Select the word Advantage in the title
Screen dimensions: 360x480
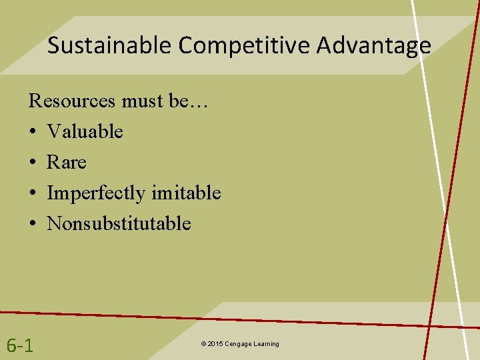(373, 45)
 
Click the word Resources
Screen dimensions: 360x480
(72, 101)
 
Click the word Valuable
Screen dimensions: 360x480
(85, 131)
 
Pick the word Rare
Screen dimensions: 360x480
(67, 162)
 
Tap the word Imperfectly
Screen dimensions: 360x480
(97, 193)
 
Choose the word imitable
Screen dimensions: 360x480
(186, 193)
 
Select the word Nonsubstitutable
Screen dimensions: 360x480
(119, 223)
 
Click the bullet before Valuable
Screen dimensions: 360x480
(33, 132)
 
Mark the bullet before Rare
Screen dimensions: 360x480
(33, 163)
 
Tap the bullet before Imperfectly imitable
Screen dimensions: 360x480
(33, 193)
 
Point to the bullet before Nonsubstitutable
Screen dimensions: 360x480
(33, 224)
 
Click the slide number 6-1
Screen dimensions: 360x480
(21, 345)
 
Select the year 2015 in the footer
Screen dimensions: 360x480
(215, 344)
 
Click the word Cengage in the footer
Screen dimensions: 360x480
(239, 344)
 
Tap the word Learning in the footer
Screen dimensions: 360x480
(267, 344)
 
